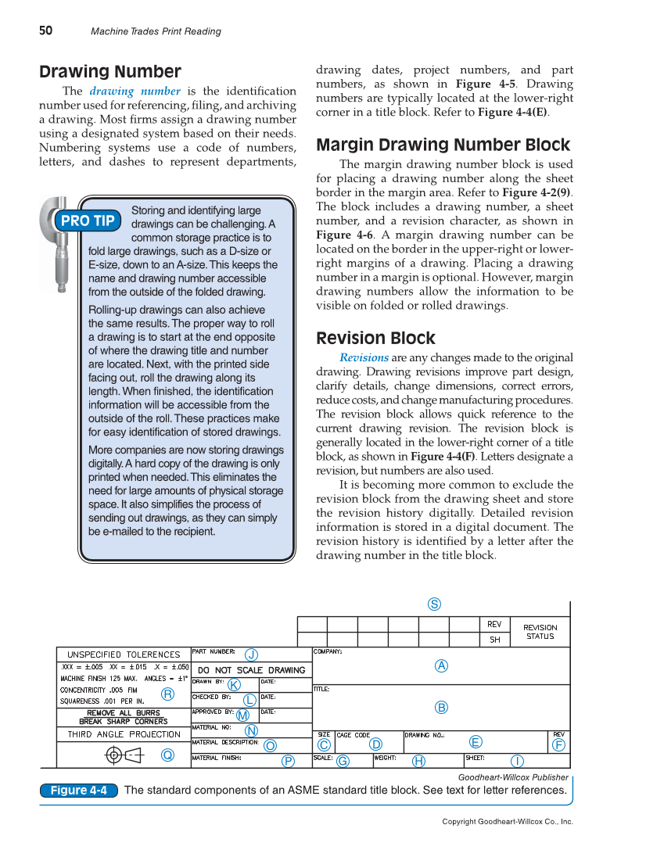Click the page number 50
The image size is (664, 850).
46,30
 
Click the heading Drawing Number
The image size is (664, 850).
110,72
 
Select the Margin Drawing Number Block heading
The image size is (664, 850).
443,145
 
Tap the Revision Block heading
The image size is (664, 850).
375,339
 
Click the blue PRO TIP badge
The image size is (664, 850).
88,221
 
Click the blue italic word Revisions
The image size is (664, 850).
364,357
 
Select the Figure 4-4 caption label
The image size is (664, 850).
78,791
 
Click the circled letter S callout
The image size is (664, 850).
434,604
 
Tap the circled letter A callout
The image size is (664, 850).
441,665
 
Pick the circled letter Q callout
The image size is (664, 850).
167,755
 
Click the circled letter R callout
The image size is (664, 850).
167,694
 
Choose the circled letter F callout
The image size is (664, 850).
558,745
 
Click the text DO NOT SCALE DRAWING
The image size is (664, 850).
251,670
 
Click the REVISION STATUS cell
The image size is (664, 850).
540,632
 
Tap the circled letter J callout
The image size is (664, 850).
251,654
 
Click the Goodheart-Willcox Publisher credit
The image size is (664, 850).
512,777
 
